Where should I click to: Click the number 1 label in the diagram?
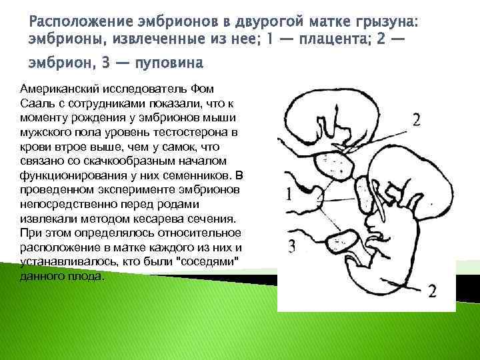click(x=289, y=194)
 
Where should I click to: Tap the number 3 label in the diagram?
click(x=291, y=246)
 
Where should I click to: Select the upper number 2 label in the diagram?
click(x=416, y=119)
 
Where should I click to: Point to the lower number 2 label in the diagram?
click(x=432, y=291)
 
